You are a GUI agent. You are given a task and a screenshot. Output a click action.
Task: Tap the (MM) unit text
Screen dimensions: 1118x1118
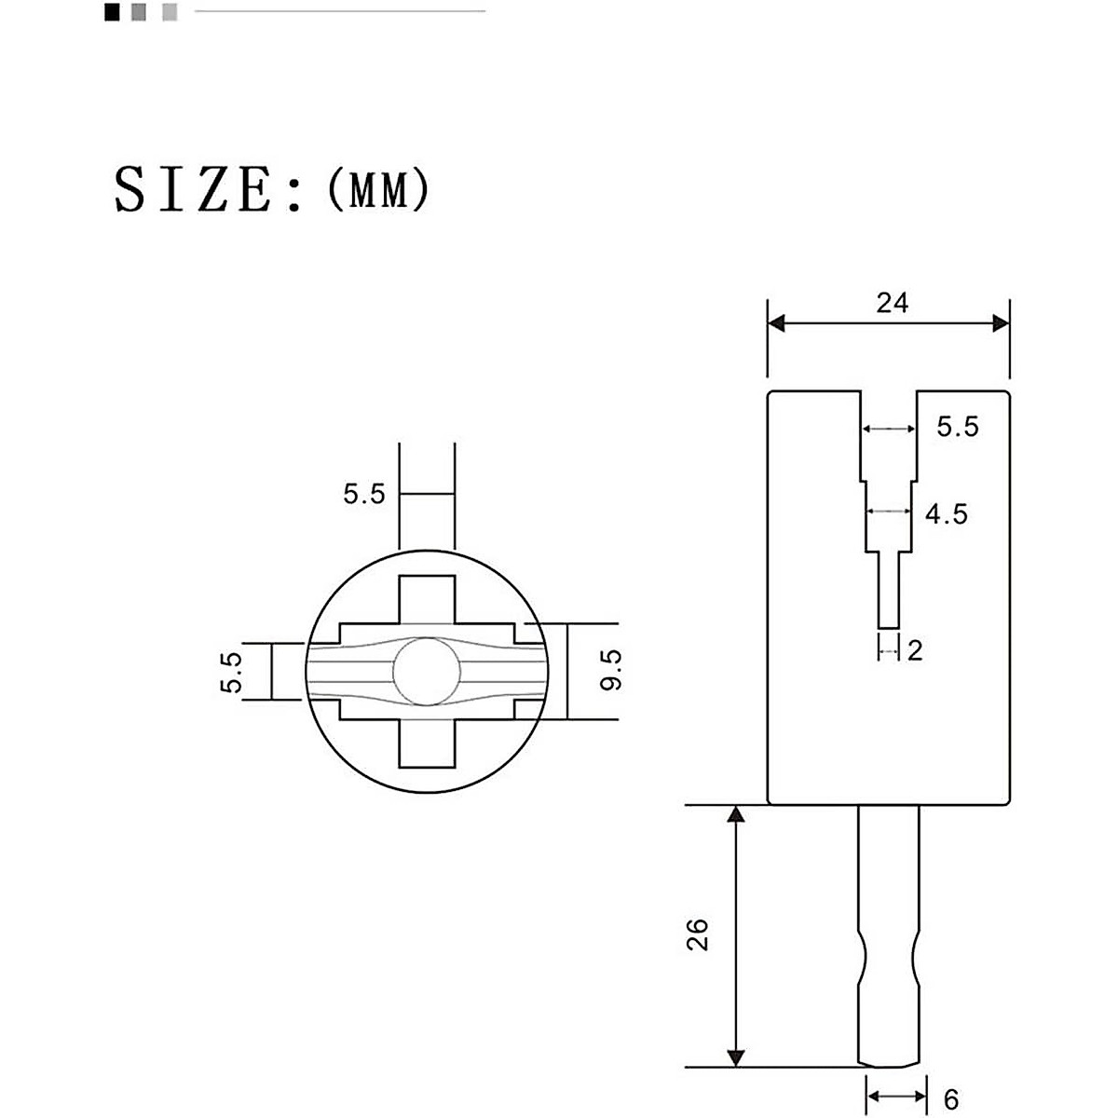tap(378, 190)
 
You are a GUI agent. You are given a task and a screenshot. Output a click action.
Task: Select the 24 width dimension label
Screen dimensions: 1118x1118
tap(892, 303)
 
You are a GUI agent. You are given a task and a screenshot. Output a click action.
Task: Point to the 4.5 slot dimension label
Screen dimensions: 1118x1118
tap(946, 513)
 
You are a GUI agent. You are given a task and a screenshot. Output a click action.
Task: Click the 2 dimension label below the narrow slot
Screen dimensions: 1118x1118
tap(914, 650)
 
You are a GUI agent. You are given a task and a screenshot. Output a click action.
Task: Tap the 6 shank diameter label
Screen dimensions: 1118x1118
tap(950, 1100)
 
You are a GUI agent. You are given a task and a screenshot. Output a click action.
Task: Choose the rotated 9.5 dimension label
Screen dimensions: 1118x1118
tap(610, 671)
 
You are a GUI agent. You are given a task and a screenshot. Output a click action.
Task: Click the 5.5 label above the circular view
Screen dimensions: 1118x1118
tap(363, 494)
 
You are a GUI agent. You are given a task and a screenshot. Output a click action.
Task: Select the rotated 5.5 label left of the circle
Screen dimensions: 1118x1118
tap(231, 672)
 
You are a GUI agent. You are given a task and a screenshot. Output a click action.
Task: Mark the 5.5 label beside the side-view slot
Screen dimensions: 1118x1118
tap(957, 428)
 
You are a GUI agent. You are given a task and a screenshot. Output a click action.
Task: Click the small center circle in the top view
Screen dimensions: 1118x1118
tap(426, 671)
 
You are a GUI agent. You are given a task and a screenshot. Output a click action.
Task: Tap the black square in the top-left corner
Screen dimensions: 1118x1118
tap(112, 12)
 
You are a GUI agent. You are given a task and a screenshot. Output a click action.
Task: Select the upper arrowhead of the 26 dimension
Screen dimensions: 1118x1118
tap(736, 815)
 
